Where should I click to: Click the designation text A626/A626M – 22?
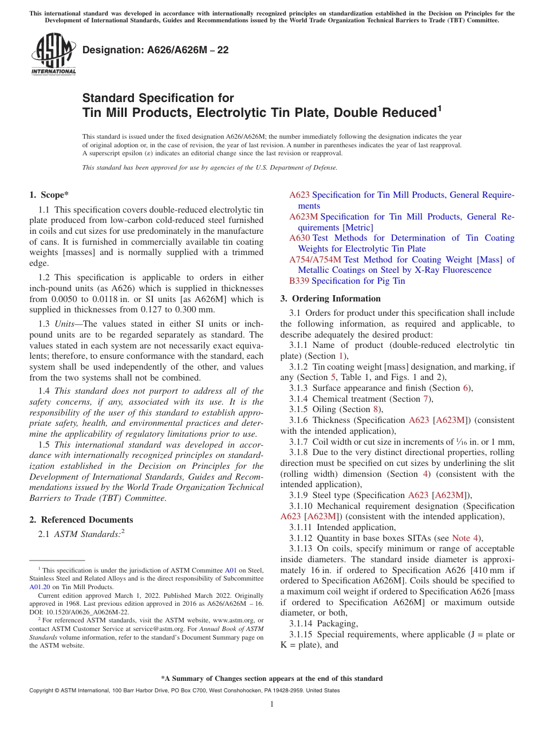click(x=155, y=50)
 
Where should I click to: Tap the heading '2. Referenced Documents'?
click(x=81, y=520)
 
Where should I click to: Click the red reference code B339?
click(x=299, y=281)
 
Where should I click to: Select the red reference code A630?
click(x=299, y=238)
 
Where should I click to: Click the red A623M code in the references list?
click(x=303, y=217)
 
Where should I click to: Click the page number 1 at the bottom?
click(x=272, y=704)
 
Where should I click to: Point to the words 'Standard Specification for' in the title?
click(x=158, y=98)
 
